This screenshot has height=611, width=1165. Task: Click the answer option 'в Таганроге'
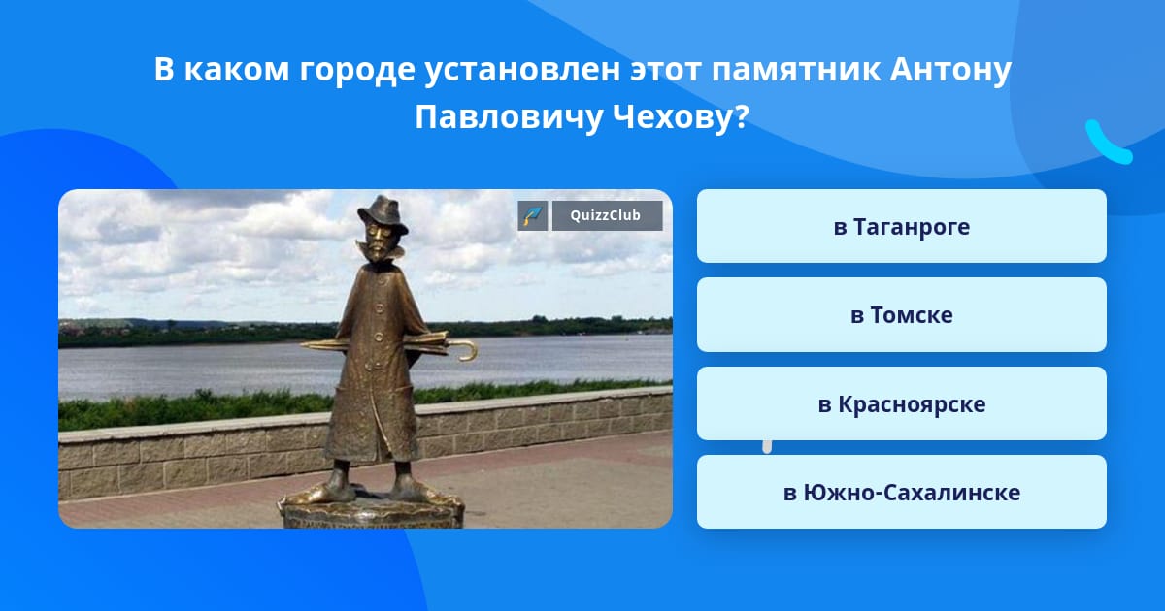pyautogui.click(x=901, y=226)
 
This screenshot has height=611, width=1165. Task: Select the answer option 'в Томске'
pyautogui.click(x=901, y=315)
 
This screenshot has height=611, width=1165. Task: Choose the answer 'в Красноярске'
pyautogui.click(x=901, y=403)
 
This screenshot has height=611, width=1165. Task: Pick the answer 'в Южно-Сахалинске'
pyautogui.click(x=901, y=492)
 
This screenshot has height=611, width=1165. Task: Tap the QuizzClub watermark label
pyautogui.click(x=607, y=215)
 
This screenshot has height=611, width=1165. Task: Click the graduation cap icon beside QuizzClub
pyautogui.click(x=533, y=215)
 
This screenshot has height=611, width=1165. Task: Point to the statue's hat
pyautogui.click(x=383, y=213)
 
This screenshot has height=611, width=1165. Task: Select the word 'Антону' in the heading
pyautogui.click(x=950, y=70)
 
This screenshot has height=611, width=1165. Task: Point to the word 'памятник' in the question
pyautogui.click(x=796, y=71)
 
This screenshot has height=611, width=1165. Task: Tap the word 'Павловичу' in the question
pyautogui.click(x=508, y=118)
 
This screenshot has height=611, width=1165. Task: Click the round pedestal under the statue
pyautogui.click(x=372, y=512)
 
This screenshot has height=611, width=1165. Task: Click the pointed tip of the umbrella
pyautogui.click(x=304, y=344)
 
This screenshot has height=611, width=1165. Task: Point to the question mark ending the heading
pyautogui.click(x=742, y=117)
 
